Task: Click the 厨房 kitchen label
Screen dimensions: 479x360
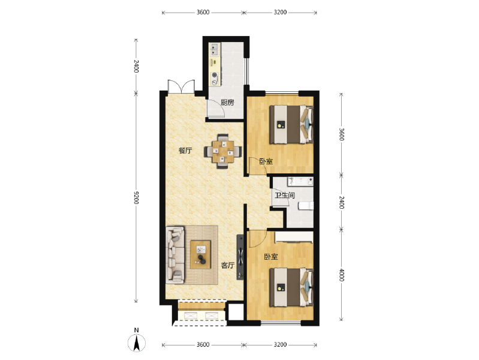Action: coord(227,103)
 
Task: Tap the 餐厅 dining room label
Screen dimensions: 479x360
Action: coord(185,151)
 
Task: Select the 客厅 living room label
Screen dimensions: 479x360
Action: coord(228,265)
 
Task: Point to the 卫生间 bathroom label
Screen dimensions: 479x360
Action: coord(284,195)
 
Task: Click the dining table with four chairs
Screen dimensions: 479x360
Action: coord(223,151)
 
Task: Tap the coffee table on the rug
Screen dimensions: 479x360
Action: coord(200,255)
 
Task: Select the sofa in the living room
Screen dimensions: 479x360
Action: coord(175,255)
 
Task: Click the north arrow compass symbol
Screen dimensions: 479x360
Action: coord(137,341)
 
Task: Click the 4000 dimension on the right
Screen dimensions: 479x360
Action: coord(342,275)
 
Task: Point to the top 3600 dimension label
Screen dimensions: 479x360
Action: coord(203,12)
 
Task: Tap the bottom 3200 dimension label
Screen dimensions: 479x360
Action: coord(280,345)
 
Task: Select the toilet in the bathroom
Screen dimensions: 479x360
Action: coord(306,206)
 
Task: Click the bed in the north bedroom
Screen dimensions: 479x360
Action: coord(291,124)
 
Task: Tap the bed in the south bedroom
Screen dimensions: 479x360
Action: coord(291,287)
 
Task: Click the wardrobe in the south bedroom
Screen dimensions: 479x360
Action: coord(294,238)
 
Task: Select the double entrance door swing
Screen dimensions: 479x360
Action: coord(181,86)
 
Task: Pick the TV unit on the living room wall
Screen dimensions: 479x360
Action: coord(240,257)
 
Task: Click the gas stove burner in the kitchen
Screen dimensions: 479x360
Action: coord(215,74)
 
